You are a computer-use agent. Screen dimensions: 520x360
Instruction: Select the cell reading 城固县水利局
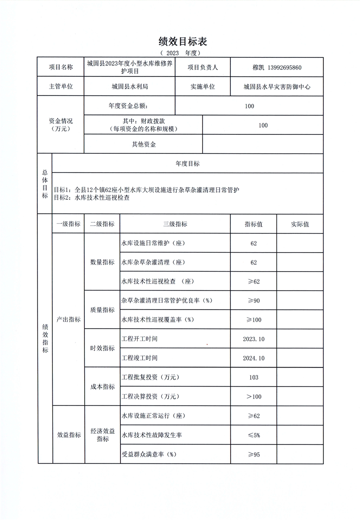(129, 86)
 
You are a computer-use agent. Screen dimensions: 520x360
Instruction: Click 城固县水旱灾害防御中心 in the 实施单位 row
(277, 86)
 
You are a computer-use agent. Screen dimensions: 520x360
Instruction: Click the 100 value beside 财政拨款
(263, 125)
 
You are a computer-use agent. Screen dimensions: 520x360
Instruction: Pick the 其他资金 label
(144, 144)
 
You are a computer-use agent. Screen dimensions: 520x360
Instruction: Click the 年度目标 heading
(188, 164)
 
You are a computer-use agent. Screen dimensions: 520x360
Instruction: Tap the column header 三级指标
(175, 224)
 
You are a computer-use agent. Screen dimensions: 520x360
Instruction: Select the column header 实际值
(300, 224)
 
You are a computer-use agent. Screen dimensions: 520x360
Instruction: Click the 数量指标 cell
(102, 262)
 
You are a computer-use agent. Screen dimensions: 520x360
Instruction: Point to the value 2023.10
(253, 339)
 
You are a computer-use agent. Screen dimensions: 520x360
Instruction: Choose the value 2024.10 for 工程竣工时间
(253, 358)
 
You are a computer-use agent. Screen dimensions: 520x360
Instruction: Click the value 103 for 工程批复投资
(253, 377)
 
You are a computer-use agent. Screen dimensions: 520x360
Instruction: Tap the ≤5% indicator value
(253, 435)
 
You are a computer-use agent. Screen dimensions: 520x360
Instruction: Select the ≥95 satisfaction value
(253, 454)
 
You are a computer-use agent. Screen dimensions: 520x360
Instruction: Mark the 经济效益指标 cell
(102, 435)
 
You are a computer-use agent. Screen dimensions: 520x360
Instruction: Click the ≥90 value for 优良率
(253, 300)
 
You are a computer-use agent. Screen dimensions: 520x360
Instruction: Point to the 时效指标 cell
(102, 348)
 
